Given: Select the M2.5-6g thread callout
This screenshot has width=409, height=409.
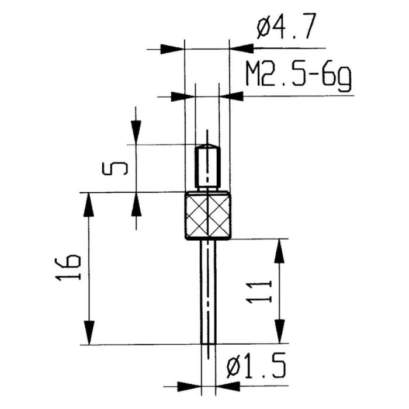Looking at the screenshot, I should (298, 76).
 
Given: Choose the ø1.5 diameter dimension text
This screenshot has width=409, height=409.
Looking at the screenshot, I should (256, 368).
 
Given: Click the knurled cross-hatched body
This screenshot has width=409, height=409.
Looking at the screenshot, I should (209, 216).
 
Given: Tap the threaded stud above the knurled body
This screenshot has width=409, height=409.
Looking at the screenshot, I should (207, 167).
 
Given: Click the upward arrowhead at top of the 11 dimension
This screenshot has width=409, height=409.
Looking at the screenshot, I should (281, 250).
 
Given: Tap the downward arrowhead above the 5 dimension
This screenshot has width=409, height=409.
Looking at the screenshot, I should (136, 132).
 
